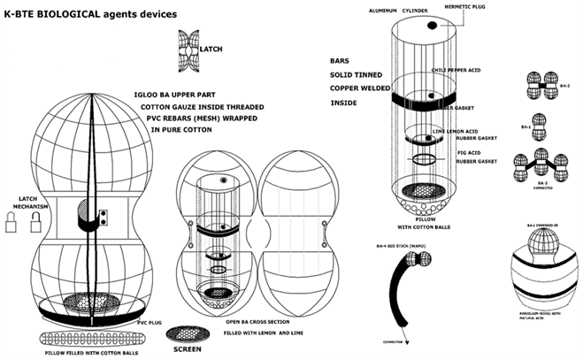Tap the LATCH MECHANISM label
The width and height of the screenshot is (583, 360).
coord(20,204)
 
